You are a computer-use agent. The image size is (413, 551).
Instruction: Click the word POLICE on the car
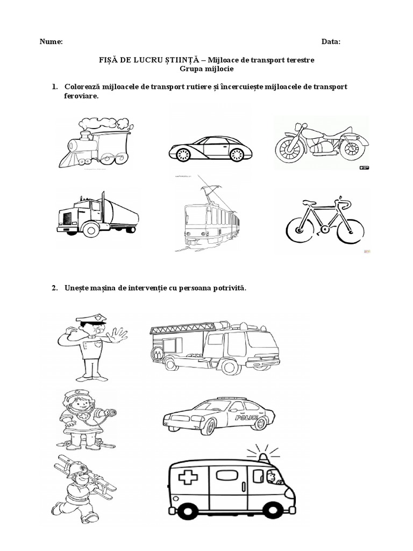pos(246,418)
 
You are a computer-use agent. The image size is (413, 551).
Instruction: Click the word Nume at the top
pos(51,42)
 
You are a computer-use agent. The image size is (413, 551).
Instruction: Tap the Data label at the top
pos(331,42)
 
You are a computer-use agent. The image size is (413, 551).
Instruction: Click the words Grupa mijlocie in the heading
pos(206,69)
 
